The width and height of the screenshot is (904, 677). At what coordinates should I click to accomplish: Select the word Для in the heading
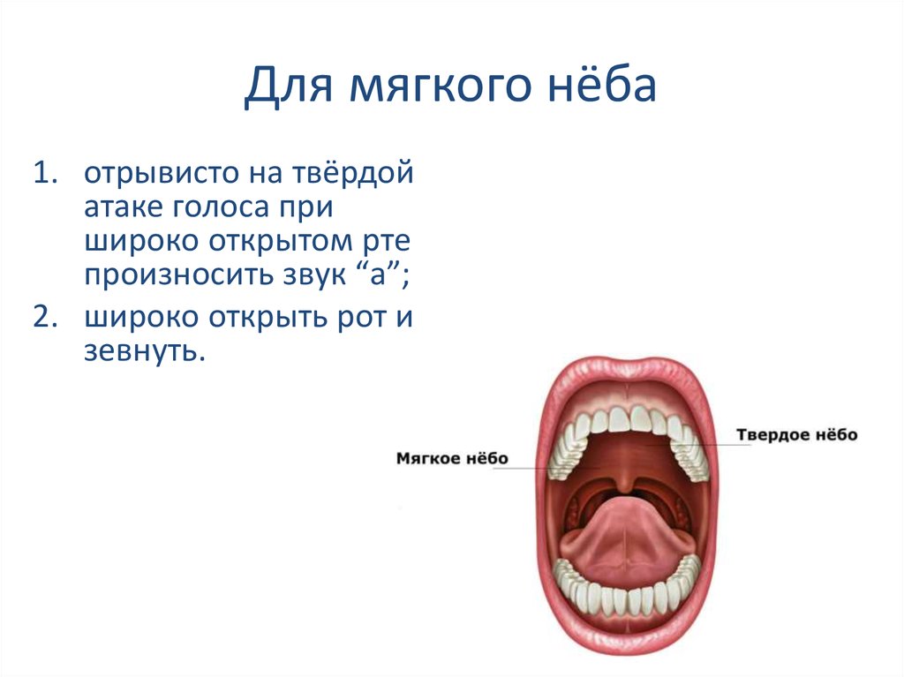click(290, 86)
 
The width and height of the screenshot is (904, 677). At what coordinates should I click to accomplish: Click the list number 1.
click(45, 172)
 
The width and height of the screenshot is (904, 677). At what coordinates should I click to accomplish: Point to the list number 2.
click(46, 317)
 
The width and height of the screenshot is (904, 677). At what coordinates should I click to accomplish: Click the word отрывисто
click(162, 172)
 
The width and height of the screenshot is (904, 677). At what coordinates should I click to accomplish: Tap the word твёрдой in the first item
click(352, 173)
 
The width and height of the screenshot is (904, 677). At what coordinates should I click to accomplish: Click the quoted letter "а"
click(378, 274)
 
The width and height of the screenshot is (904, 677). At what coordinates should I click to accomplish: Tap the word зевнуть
click(145, 350)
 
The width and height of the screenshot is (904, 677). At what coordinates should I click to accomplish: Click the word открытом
click(280, 241)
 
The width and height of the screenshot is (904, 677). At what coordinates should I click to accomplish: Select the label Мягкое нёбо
click(452, 458)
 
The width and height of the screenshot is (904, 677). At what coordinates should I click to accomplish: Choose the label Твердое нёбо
click(797, 435)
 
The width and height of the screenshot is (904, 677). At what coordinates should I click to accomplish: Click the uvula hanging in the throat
click(624, 484)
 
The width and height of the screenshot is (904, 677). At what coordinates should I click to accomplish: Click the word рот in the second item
click(358, 318)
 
